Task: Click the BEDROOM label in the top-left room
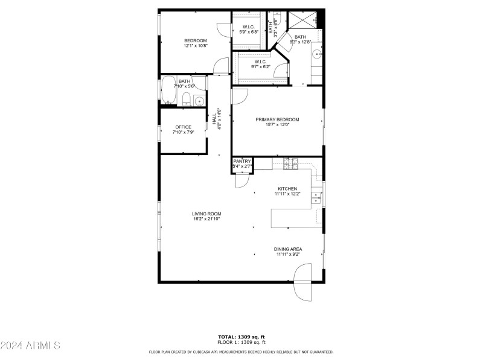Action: coord(195,40)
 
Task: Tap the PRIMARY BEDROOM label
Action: coord(277,119)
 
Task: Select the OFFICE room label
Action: coord(183,127)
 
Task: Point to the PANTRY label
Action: coord(242,161)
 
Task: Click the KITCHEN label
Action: coord(287,188)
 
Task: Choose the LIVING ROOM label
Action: coord(206,214)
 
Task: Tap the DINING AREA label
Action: coord(288,249)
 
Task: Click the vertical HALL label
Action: coord(214,119)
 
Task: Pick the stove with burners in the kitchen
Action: coord(291,162)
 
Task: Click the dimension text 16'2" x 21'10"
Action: coord(206,219)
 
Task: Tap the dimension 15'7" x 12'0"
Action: coord(277,125)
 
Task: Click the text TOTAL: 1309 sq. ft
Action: coord(241,337)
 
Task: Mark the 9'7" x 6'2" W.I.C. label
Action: coord(261,64)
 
